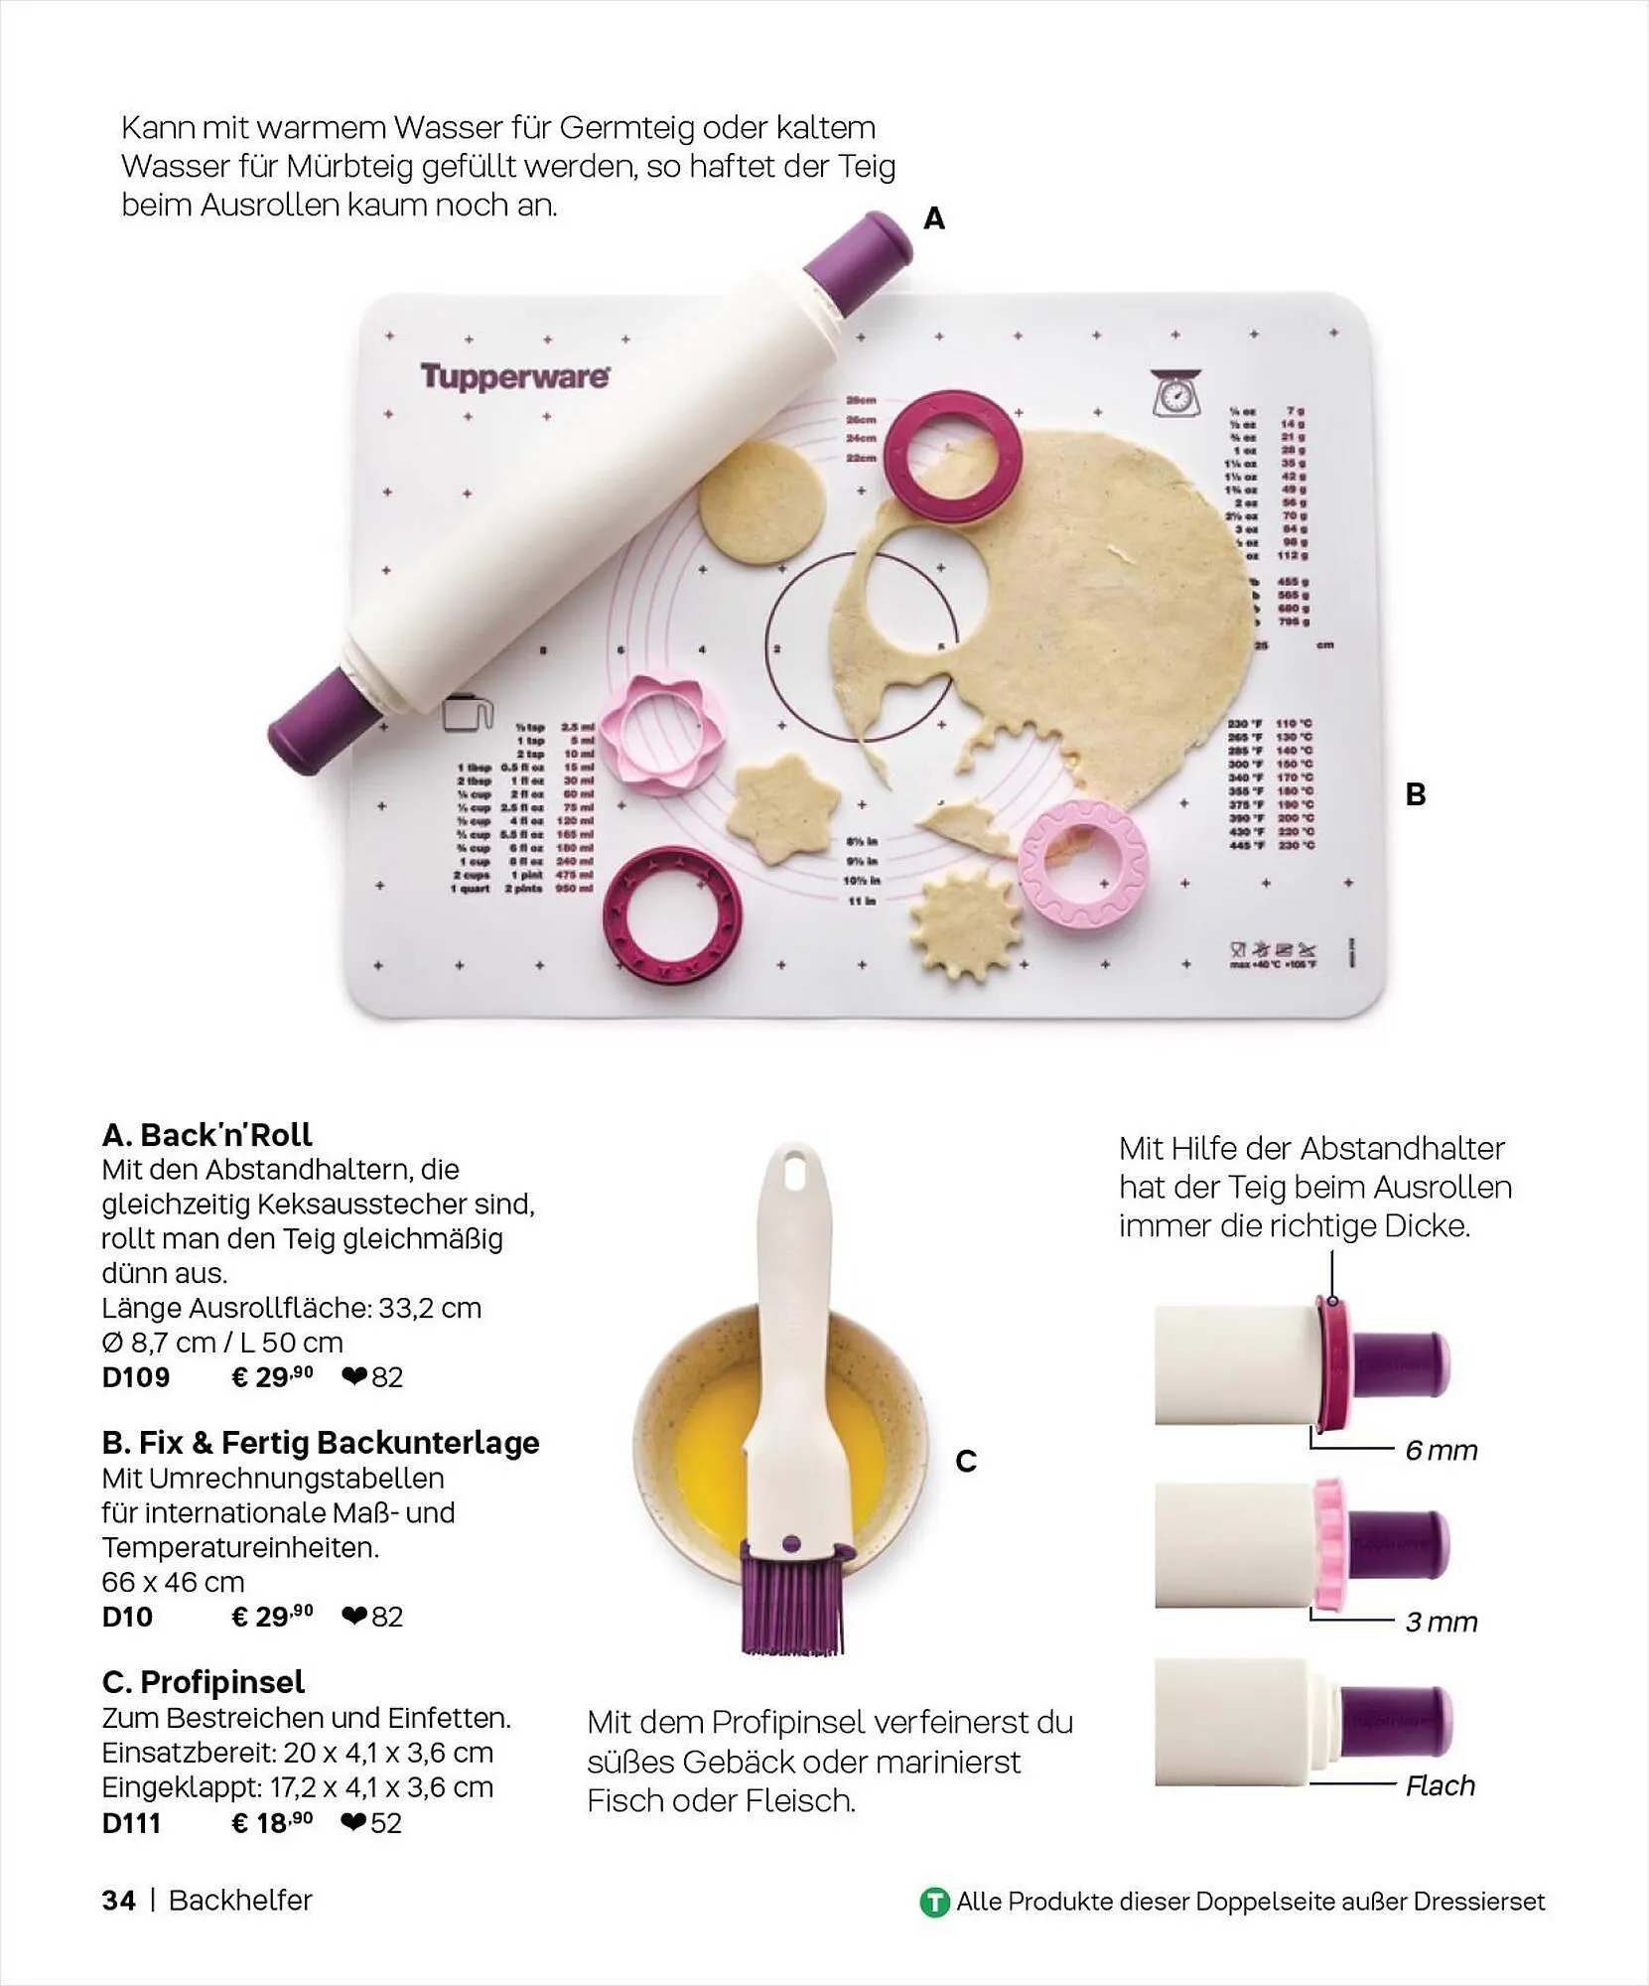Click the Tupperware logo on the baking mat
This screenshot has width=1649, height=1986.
514,377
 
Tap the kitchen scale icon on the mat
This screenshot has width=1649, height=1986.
1175,393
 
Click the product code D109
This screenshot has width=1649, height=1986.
136,1377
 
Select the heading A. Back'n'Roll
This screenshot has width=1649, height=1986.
206,1134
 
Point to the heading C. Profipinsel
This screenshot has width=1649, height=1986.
203,1682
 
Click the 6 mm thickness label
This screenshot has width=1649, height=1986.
1441,1451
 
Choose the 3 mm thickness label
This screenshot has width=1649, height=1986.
1441,1622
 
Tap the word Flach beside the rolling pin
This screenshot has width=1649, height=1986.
1440,1785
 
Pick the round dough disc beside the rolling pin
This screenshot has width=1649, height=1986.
761,501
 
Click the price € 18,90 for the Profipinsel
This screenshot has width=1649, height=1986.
272,1823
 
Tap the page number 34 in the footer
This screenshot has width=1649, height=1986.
118,1901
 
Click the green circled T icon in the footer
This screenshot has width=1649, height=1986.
934,1903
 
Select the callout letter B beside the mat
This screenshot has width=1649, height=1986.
1416,794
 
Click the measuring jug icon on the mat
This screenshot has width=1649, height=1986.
468,713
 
